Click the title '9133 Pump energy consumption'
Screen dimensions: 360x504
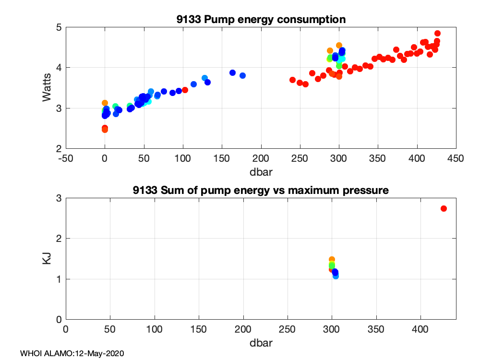[x=261, y=20]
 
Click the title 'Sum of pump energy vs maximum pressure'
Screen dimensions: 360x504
[x=261, y=191]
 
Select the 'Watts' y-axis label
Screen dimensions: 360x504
[x=47, y=88]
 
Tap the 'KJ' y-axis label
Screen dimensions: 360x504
[x=47, y=259]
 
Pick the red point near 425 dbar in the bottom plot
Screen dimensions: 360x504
[x=444, y=208]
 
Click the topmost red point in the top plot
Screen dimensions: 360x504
[x=437, y=34]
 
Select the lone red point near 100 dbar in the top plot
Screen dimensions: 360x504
[x=185, y=90]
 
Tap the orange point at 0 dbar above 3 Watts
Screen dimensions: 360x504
[x=105, y=103]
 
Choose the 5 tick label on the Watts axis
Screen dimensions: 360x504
[x=59, y=27]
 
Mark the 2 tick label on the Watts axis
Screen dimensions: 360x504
[x=59, y=149]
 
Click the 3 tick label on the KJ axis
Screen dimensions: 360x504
[x=59, y=198]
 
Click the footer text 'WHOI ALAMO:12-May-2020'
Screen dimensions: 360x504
[x=72, y=353]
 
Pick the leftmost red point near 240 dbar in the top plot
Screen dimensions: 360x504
[x=292, y=80]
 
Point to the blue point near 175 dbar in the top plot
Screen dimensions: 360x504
[x=242, y=75]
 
